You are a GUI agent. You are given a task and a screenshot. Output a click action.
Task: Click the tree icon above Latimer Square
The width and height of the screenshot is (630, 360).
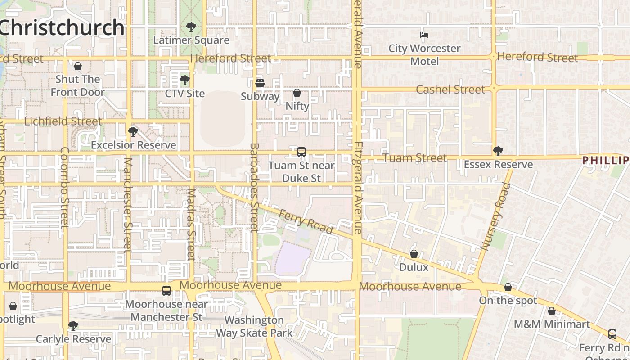coord(191,27)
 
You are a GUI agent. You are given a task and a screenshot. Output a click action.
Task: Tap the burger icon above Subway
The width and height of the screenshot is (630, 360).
coord(260,83)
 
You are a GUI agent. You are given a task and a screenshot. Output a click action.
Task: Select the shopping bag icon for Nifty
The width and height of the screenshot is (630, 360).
coord(297,93)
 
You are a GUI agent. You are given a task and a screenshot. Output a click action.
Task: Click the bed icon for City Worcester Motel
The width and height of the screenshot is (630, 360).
coord(424,35)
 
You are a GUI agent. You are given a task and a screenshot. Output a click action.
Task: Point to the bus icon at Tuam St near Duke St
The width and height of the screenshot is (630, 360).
coord(301,152)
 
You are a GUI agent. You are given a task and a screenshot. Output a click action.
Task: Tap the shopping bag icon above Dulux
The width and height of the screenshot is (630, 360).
coord(414,254)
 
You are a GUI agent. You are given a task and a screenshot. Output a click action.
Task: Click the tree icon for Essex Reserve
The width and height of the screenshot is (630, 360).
coord(498,151)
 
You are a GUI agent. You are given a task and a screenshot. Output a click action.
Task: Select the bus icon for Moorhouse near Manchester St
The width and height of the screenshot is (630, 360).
coord(166,291)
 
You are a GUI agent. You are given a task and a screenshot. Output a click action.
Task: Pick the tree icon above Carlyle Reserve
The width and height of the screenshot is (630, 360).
coord(73,326)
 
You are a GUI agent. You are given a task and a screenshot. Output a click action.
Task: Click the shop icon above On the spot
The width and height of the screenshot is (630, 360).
coord(508,287)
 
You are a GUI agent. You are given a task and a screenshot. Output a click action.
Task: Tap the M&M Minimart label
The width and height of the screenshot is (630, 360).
coord(552,324)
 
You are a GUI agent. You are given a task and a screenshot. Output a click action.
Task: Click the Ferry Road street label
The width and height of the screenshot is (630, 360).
coord(306,222)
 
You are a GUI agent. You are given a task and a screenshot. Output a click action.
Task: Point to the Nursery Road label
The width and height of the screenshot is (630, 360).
coord(496,216)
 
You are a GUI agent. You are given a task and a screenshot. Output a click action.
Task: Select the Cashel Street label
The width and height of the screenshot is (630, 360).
coord(450,90)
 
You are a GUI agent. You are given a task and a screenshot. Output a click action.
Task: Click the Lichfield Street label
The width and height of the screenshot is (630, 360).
coord(63,121)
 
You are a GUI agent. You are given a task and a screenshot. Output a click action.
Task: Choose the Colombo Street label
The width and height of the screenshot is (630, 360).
coord(65,187)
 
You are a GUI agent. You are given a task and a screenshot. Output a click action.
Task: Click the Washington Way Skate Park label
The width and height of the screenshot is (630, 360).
coord(254,327)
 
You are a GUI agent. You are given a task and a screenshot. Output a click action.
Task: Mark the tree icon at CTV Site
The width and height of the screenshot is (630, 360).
coord(184,81)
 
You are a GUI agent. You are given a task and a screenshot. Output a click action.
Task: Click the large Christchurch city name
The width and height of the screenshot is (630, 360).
coord(62,27)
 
